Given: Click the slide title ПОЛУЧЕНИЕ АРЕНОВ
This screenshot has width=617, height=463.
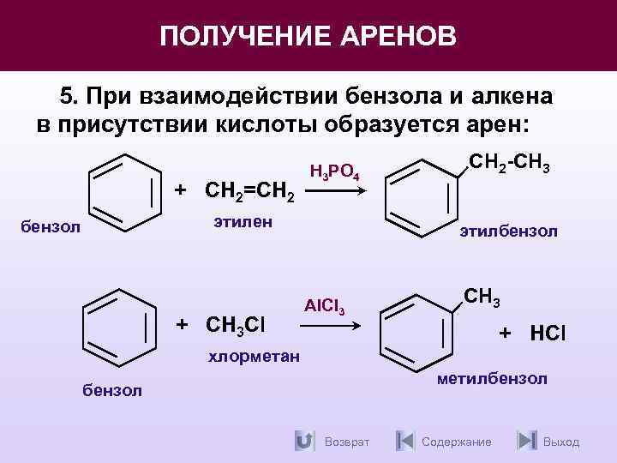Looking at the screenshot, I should click(x=308, y=36).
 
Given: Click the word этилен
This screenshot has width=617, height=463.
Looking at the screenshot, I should click(x=243, y=222).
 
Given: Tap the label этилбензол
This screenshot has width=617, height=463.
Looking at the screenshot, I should click(x=508, y=231).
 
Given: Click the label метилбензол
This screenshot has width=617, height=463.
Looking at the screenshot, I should click(x=492, y=379).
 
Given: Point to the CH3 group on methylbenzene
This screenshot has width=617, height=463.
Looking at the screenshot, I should click(x=482, y=298).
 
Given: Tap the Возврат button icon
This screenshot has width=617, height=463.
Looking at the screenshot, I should click(x=303, y=441).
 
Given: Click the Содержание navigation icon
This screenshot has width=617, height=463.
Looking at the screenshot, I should click(x=405, y=441).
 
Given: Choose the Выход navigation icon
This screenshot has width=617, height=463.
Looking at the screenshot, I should click(x=526, y=441).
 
